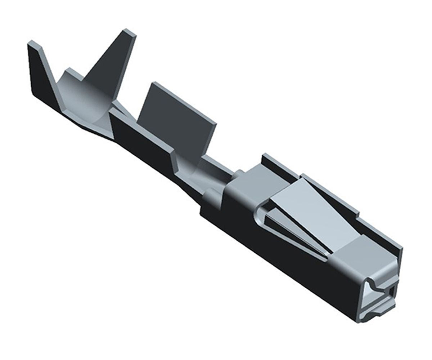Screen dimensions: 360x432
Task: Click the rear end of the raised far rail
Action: click(265, 157)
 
